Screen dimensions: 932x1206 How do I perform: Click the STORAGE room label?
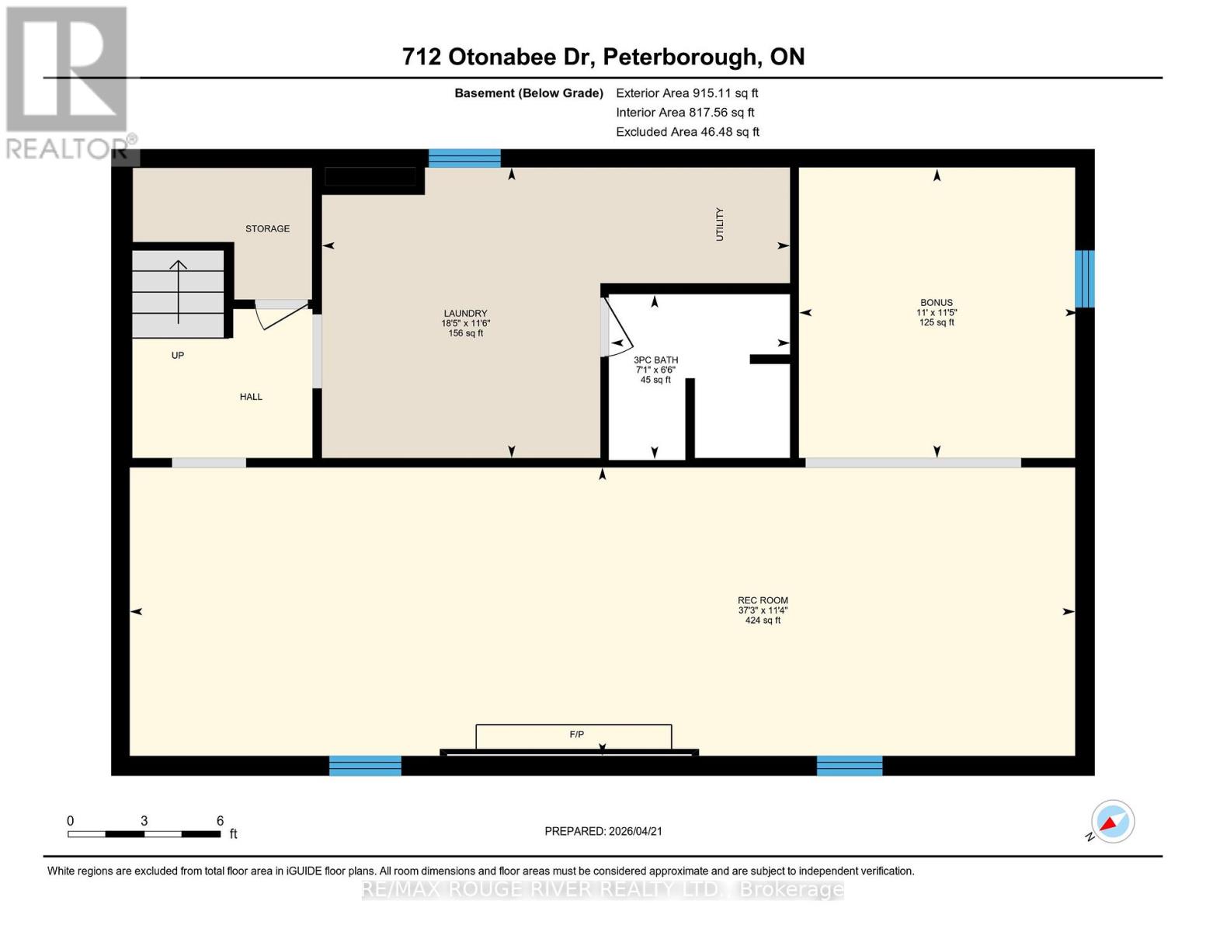[x=267, y=228]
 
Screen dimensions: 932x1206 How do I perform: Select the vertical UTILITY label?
[x=719, y=224]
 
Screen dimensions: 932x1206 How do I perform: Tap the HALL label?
[x=251, y=397]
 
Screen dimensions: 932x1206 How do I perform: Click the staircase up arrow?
[x=179, y=291]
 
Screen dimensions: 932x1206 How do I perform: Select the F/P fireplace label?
[x=576, y=734]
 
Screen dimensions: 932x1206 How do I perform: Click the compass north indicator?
[x=1112, y=822]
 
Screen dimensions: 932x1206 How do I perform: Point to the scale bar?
[x=144, y=833]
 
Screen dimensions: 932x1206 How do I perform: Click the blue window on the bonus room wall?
[x=1085, y=279]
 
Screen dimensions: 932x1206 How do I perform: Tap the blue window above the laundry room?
[x=464, y=158]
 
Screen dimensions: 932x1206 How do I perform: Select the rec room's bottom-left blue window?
[x=365, y=766]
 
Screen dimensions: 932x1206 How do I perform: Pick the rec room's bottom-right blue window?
[x=849, y=766]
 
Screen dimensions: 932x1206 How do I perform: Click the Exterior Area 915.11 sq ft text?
[x=686, y=93]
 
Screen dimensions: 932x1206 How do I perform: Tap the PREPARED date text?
[x=603, y=831]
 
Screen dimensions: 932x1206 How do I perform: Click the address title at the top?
[x=603, y=57]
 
